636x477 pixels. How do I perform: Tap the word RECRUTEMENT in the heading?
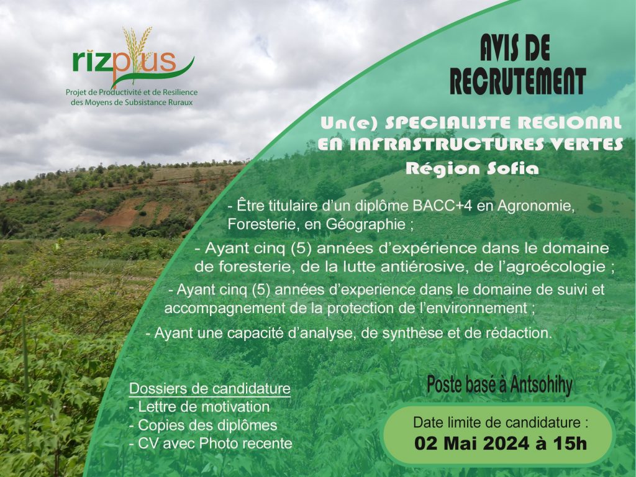coord(517,81)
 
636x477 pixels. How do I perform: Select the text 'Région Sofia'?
coord(472,168)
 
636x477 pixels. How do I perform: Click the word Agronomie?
coord(536,206)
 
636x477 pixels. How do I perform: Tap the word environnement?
coord(473,308)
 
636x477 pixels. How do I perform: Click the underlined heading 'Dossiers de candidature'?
coord(210,389)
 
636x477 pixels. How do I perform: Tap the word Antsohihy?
coord(541,385)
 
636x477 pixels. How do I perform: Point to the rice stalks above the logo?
coord(137,45)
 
